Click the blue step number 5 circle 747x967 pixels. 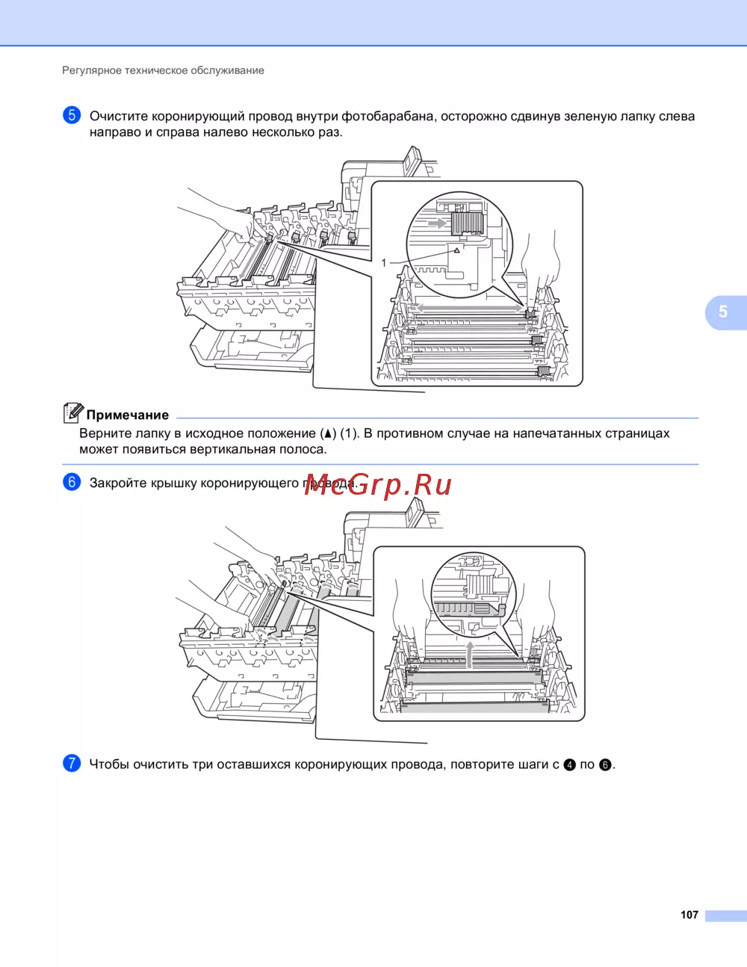click(x=72, y=115)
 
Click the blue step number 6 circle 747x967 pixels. click(x=72, y=483)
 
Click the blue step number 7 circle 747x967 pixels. click(x=72, y=764)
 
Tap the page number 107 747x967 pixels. click(x=689, y=915)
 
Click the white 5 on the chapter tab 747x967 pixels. click(x=723, y=312)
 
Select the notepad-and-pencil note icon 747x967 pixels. click(x=73, y=413)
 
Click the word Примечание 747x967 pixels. click(x=128, y=415)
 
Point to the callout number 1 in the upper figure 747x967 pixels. click(x=384, y=263)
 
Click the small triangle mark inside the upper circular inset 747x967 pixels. click(x=456, y=250)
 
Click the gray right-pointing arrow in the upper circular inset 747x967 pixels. click(x=438, y=223)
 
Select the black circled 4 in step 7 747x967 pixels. click(x=569, y=765)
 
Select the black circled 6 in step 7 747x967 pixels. click(x=605, y=765)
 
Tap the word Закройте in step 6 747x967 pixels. click(x=118, y=483)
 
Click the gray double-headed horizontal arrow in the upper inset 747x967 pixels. click(x=469, y=307)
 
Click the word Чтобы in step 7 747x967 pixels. click(x=109, y=764)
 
